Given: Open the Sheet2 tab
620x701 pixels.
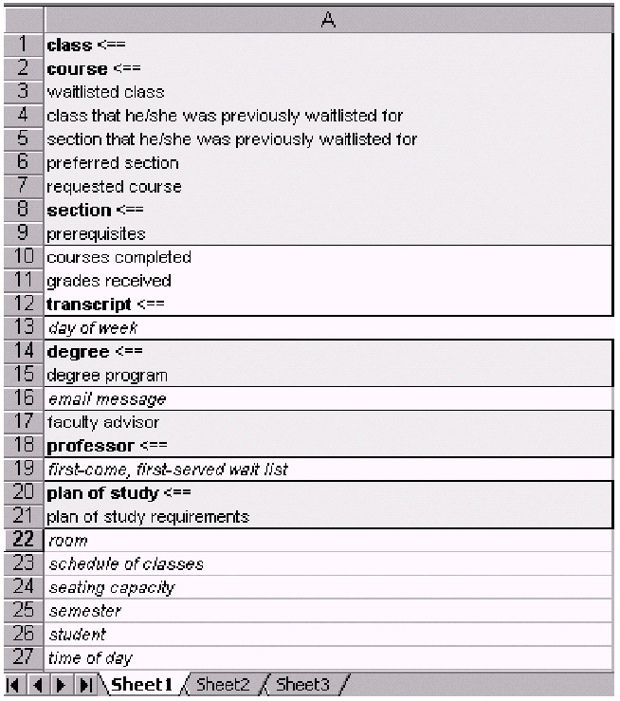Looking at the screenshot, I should click(223, 684).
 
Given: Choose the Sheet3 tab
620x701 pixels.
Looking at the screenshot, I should click(302, 684).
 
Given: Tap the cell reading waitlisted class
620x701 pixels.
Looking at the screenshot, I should click(105, 92).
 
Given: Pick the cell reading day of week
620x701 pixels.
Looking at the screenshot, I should click(92, 328).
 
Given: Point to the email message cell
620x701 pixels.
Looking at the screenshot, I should click(106, 399).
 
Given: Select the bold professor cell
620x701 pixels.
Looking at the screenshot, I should click(95, 446).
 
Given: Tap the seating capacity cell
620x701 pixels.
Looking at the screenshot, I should click(111, 587).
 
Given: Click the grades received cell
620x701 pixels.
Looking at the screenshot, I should click(109, 281).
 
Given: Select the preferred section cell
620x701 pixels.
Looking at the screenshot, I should click(113, 163).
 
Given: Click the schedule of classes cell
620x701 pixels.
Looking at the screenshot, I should click(125, 564).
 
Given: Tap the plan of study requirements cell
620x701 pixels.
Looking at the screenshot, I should click(148, 517).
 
